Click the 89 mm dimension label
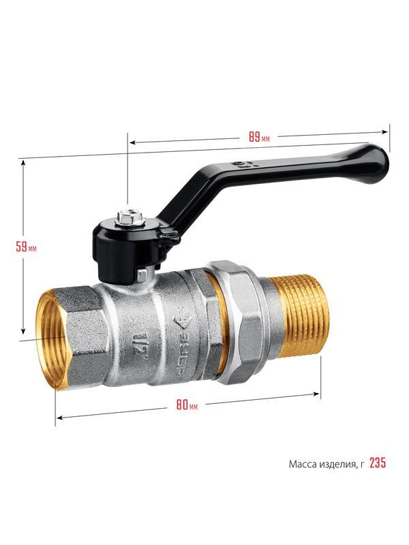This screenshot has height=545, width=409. (x=259, y=137)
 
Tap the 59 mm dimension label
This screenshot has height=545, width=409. (x=26, y=247)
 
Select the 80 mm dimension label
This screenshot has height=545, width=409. (x=187, y=405)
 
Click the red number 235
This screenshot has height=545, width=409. (x=378, y=463)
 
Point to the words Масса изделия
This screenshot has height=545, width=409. (x=322, y=464)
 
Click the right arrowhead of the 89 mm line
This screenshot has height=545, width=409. (x=384, y=131)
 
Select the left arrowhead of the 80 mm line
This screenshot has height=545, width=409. (x=59, y=418)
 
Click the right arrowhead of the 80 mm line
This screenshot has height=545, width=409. (x=316, y=394)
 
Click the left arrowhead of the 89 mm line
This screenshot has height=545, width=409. (x=132, y=142)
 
